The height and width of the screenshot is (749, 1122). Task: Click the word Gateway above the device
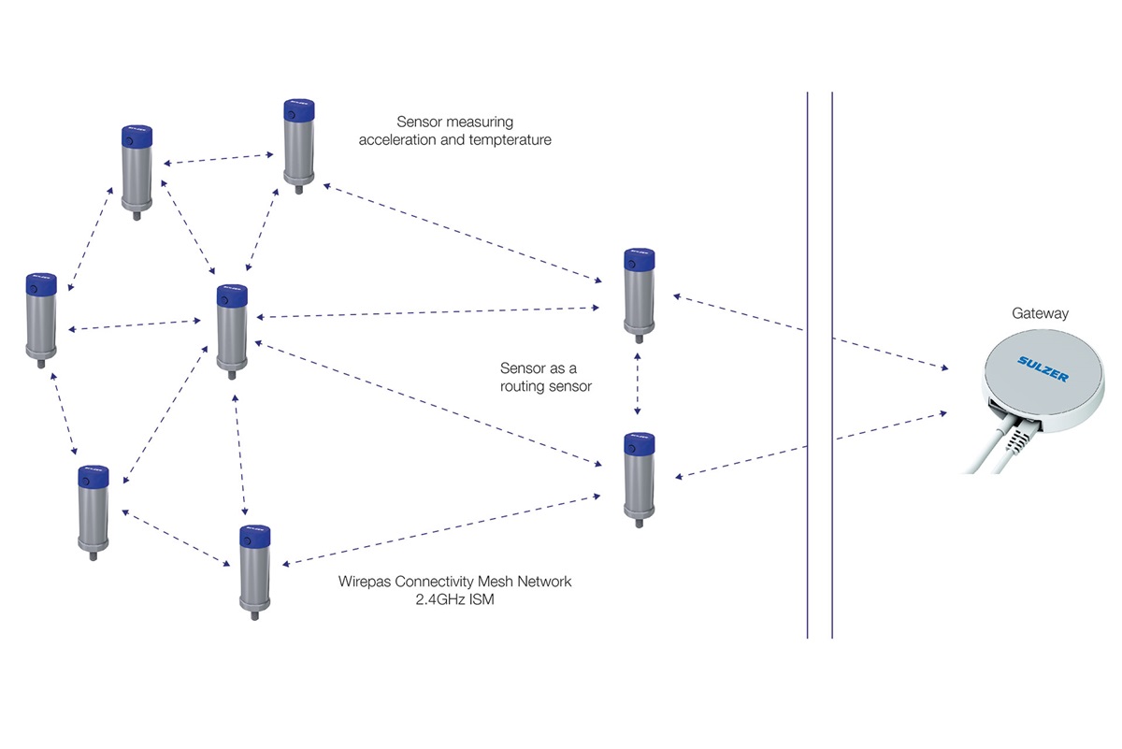tap(1039, 314)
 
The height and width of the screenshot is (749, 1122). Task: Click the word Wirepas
tap(366, 582)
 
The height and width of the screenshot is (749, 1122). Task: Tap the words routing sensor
tap(546, 386)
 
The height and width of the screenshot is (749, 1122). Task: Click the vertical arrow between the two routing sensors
tap(638, 382)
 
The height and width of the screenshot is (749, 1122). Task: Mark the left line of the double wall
tap(808, 365)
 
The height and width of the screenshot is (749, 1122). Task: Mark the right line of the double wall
tap(831, 365)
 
